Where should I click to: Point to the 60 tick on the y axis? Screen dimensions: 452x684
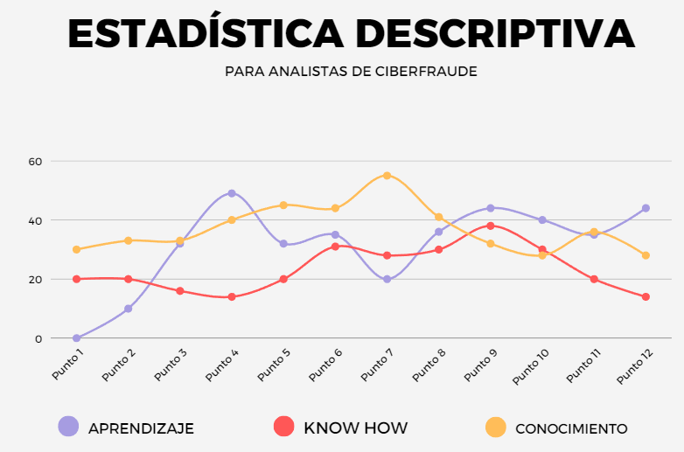click(36, 161)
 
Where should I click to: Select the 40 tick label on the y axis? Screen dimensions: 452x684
click(36, 220)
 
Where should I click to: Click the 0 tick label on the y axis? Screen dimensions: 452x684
click(38, 338)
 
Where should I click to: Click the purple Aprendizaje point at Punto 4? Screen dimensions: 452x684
click(232, 193)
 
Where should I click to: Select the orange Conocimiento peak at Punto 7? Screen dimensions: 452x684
click(387, 176)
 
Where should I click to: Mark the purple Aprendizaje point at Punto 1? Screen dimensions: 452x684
click(77, 338)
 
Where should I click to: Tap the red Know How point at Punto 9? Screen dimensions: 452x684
click(491, 226)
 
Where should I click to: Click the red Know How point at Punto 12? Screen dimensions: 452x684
click(646, 297)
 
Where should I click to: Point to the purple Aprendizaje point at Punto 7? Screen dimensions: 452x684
click(387, 279)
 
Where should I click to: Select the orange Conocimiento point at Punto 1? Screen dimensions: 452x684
click(77, 249)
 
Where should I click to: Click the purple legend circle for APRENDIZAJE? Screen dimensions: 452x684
click(68, 427)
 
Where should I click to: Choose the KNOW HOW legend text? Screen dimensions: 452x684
click(355, 428)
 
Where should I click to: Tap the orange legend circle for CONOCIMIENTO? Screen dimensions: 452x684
click(495, 428)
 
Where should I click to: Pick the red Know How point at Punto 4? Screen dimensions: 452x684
click(232, 297)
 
